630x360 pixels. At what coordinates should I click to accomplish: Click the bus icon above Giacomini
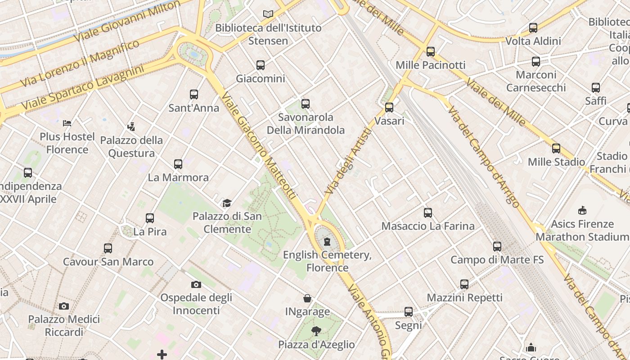[x=261, y=65]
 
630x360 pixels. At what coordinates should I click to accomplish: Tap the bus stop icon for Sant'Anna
[x=194, y=94]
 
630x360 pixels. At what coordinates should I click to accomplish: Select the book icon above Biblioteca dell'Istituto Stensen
[x=268, y=14]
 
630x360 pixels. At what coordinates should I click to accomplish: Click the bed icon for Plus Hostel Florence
[x=67, y=123]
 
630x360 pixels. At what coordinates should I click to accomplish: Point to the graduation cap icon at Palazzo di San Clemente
[x=227, y=203]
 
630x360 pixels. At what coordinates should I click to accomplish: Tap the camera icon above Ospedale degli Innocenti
[x=196, y=284]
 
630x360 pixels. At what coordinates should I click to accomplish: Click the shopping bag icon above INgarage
[x=307, y=298]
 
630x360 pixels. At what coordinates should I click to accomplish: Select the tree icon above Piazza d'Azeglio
[x=316, y=332]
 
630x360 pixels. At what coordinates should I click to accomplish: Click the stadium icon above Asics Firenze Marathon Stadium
[x=582, y=211]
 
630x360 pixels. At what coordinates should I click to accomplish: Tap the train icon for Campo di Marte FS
[x=497, y=247]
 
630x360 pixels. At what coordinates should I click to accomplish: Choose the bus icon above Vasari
[x=389, y=108]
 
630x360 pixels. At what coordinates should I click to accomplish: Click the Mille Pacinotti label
[x=431, y=65]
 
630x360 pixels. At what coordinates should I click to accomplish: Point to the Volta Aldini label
[x=533, y=41]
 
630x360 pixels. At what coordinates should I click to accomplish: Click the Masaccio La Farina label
[x=428, y=226]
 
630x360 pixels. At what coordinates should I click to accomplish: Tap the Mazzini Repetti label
[x=464, y=297]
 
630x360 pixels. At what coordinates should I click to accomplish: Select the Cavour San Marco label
[x=108, y=262]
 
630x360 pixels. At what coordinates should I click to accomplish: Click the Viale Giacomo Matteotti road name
[x=259, y=146]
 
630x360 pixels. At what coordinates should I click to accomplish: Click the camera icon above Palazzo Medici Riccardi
[x=64, y=306]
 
